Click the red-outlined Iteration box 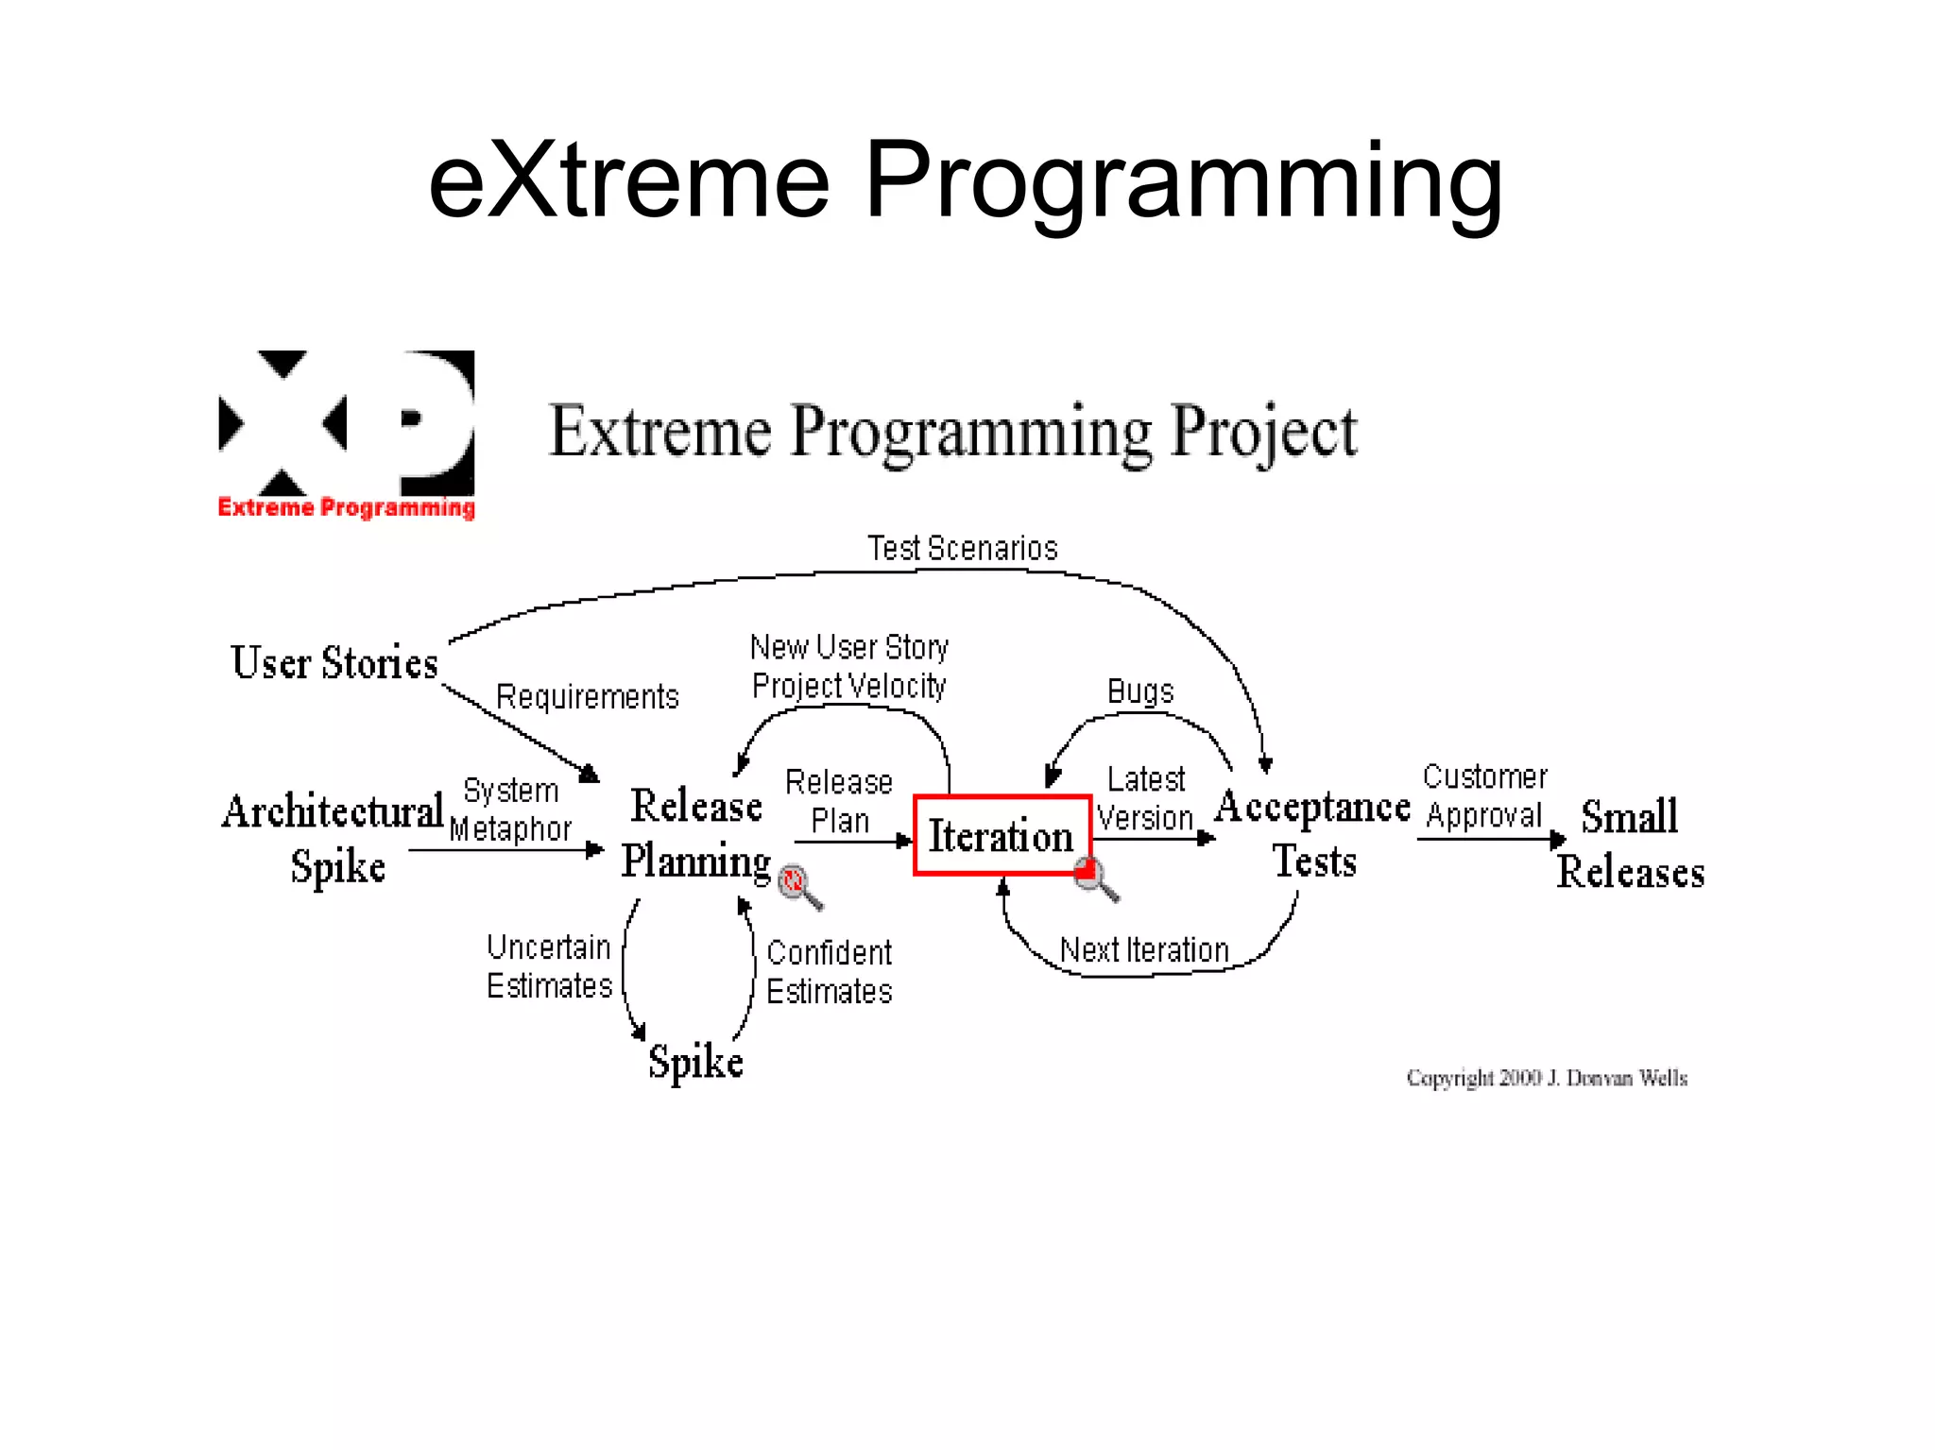point(1002,835)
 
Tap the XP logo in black point(346,423)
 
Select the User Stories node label point(334,662)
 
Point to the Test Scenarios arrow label point(962,549)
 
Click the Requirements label point(587,697)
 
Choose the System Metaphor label point(510,810)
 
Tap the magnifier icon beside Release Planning point(798,885)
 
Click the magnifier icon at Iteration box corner point(1095,879)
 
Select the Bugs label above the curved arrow point(1139,691)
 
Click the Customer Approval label point(1484,796)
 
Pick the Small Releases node point(1631,844)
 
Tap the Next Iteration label point(1144,950)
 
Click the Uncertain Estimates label point(549,966)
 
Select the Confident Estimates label point(829,972)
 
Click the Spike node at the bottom point(695,1062)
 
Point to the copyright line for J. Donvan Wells point(1546,1078)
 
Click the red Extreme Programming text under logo point(346,507)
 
